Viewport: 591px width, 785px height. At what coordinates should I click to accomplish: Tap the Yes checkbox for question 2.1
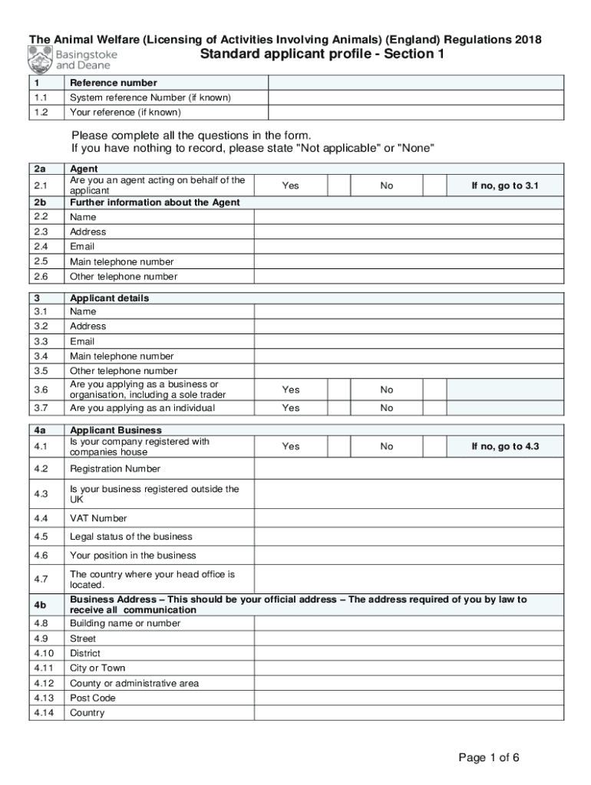[338, 186]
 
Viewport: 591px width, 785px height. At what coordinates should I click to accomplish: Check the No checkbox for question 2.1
[435, 186]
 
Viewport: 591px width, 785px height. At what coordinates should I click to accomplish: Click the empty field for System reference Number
[415, 98]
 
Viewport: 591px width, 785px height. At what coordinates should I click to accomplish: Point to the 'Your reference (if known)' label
[125, 112]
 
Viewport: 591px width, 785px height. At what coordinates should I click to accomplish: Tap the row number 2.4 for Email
[41, 247]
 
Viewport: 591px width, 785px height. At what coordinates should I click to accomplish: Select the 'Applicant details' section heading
[109, 298]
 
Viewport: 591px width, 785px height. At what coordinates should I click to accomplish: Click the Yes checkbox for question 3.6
[338, 389]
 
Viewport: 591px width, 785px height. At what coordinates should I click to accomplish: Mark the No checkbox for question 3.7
[435, 408]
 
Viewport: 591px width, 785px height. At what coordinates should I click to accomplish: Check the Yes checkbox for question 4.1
[338, 446]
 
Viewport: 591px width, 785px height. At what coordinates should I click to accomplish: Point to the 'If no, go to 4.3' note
[505, 446]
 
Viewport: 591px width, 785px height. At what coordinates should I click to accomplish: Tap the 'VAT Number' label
[98, 518]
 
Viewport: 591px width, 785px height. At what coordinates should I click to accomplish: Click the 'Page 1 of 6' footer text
[489, 758]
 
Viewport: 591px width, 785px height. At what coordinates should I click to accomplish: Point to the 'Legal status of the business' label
[130, 537]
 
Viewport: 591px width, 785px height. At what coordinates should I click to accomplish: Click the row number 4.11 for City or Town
[44, 668]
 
